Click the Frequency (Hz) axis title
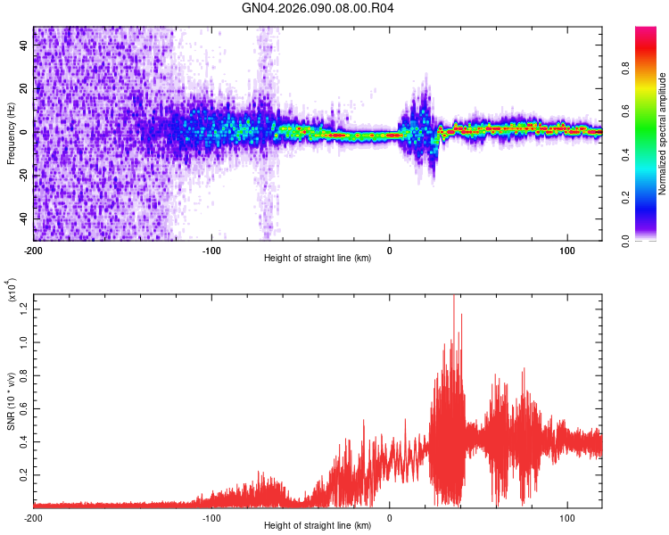[10, 134]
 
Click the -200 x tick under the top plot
[34, 250]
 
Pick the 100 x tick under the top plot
[567, 250]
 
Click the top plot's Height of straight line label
[318, 259]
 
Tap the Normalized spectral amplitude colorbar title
[663, 134]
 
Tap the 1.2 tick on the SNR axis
[24, 308]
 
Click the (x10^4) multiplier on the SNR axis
[12, 290]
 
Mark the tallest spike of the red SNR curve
[454, 296]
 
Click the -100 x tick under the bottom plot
[211, 517]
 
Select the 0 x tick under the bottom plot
[390, 517]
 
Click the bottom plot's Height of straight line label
[318, 526]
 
